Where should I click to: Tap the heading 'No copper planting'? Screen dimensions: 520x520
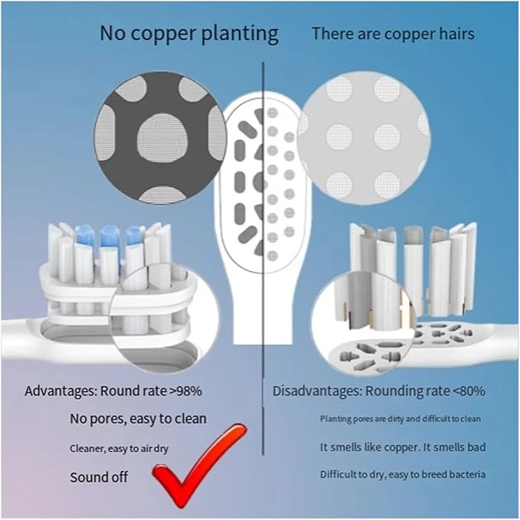189,34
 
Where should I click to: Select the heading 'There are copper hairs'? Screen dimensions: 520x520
394,34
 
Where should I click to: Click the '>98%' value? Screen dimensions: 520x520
185,391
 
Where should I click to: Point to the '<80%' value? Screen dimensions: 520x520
469,391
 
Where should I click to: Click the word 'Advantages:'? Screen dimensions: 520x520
61,391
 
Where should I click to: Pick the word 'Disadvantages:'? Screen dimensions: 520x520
317,391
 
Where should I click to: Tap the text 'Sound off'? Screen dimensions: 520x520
99,477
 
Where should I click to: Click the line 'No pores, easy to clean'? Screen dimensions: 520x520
138,419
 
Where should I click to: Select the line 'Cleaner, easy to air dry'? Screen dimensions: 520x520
119,449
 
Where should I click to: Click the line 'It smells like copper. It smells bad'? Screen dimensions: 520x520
403,447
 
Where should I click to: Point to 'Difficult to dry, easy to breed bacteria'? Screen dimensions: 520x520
403,475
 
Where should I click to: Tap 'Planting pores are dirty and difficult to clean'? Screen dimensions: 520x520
401,419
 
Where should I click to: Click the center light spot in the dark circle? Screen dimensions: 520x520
162,139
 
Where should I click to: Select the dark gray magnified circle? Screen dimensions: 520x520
161,138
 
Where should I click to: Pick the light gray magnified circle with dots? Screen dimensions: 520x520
364,138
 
